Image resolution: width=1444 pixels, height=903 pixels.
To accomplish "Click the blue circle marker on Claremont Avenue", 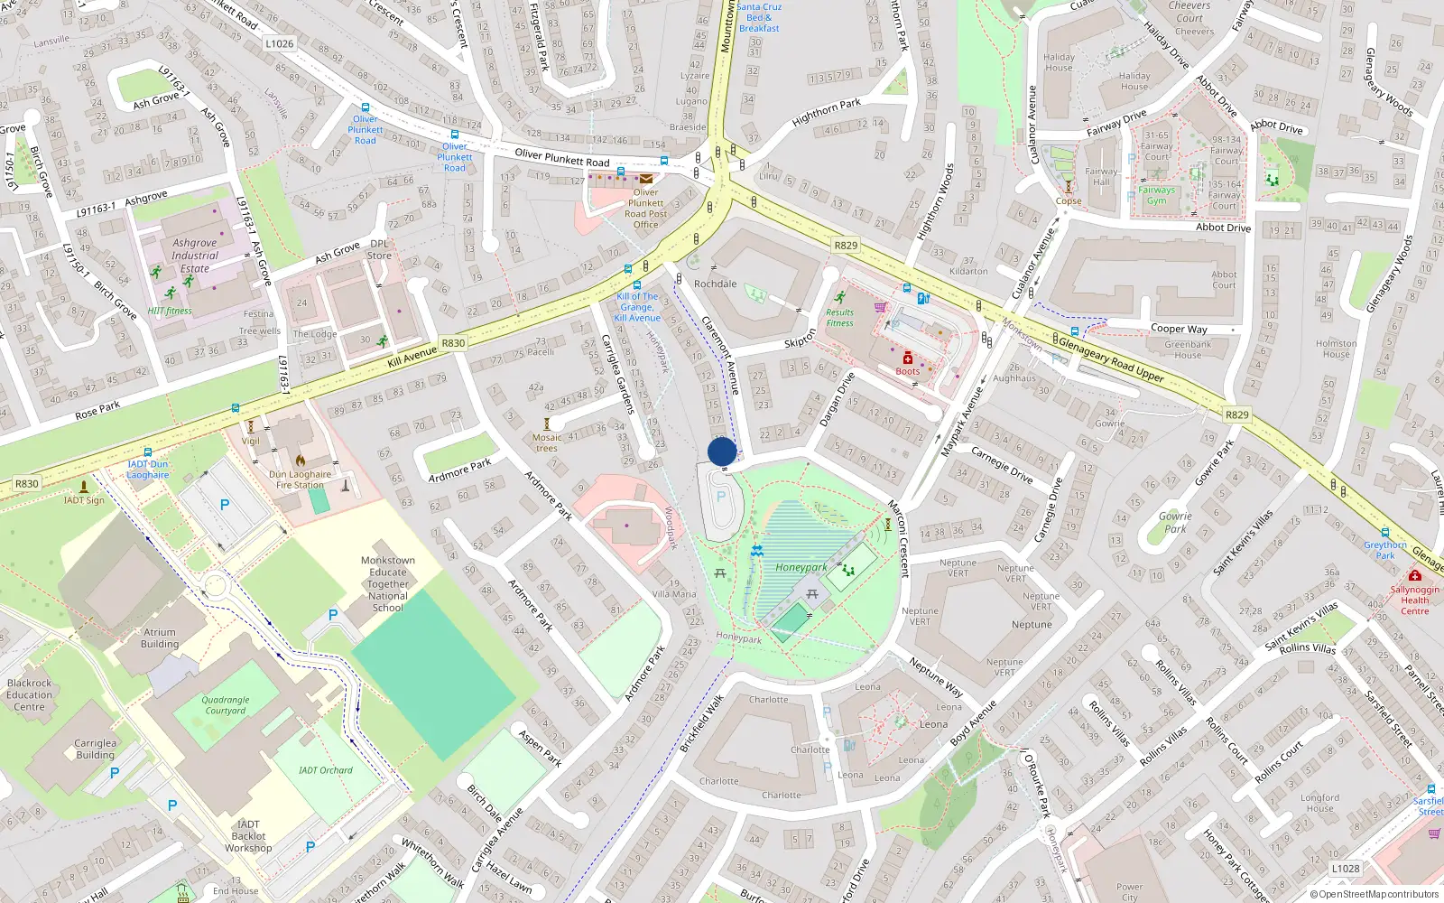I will [722, 451].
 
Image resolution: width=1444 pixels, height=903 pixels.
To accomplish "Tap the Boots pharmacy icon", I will [908, 358].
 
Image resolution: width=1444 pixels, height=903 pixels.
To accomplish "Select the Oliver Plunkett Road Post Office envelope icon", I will [646, 179].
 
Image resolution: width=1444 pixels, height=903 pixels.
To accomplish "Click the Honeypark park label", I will [801, 567].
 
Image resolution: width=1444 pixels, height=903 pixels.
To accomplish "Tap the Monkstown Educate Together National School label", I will [388, 584].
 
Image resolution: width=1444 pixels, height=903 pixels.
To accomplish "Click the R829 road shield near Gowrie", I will [1236, 415].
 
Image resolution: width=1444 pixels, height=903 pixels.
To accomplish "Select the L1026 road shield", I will [280, 43].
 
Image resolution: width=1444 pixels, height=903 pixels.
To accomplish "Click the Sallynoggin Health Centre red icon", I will [1414, 575].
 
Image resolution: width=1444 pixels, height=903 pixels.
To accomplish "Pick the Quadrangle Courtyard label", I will [226, 705].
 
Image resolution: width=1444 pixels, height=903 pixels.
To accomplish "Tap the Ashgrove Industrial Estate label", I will [195, 256].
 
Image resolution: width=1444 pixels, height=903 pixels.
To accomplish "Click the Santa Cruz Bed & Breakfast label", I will [759, 17].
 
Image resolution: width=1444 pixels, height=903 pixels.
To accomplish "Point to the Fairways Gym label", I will [1156, 195].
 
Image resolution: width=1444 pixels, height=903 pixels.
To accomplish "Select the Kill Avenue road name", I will [412, 357].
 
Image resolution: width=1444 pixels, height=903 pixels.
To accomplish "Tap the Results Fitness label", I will [839, 318].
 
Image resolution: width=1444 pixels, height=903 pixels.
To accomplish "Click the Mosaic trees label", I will [547, 442].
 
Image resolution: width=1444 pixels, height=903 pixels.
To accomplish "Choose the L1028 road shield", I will [1346, 869].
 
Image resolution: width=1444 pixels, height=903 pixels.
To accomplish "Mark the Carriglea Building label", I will [95, 749].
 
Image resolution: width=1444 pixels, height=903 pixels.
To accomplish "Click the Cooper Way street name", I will [1179, 329].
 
